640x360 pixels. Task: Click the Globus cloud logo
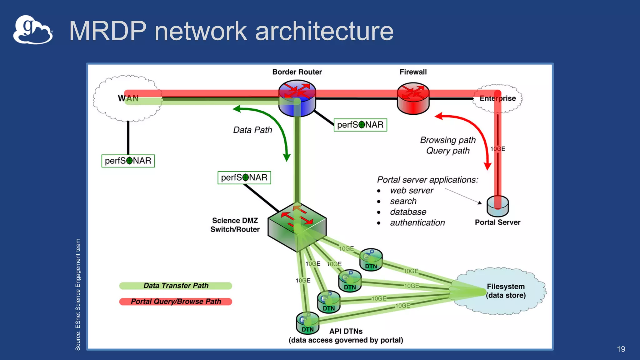pyautogui.click(x=33, y=30)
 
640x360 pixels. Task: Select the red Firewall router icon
pyautogui.click(x=413, y=98)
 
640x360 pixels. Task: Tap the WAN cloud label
pyautogui.click(x=128, y=98)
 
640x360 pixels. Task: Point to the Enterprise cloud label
pyautogui.click(x=497, y=98)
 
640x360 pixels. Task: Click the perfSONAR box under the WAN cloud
pyautogui.click(x=128, y=161)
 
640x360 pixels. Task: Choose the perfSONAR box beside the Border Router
pyautogui.click(x=360, y=125)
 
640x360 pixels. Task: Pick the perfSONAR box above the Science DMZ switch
pyautogui.click(x=244, y=178)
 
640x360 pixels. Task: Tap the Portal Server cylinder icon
pyautogui.click(x=497, y=206)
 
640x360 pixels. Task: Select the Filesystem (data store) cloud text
pyautogui.click(x=506, y=291)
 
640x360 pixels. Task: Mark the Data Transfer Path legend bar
pyautogui.click(x=176, y=286)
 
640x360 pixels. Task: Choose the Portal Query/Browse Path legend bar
pyautogui.click(x=176, y=302)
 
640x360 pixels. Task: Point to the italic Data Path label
pyautogui.click(x=252, y=130)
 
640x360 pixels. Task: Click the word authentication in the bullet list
pyautogui.click(x=417, y=222)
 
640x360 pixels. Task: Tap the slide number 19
pyautogui.click(x=621, y=349)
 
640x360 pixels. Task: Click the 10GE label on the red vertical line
pyautogui.click(x=497, y=149)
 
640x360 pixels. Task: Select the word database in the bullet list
pyautogui.click(x=408, y=212)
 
